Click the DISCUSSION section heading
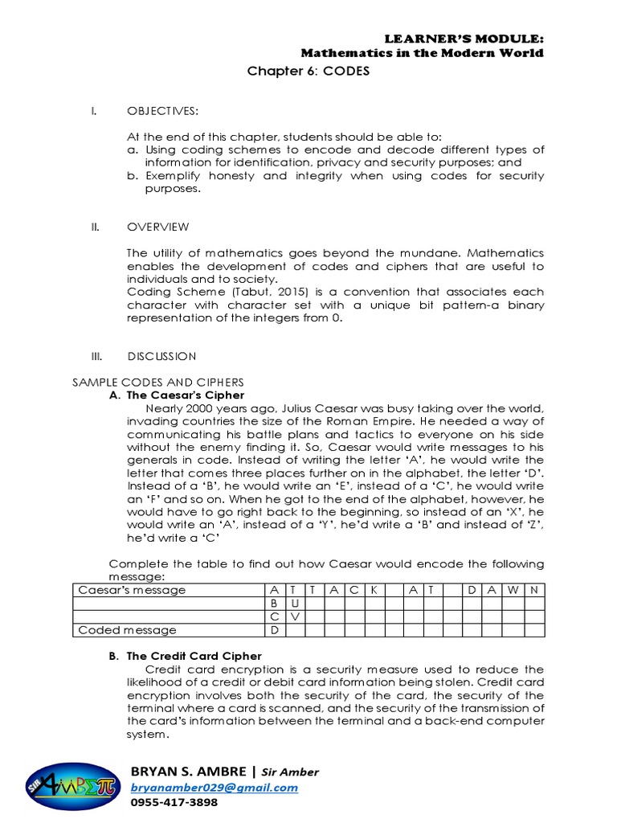click(161, 356)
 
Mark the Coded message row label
click(127, 630)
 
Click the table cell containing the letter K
click(374, 590)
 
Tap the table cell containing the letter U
click(295, 603)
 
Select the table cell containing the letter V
click(295, 616)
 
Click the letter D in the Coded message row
click(275, 630)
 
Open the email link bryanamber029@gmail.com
click(214, 788)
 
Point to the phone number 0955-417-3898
click(174, 802)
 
